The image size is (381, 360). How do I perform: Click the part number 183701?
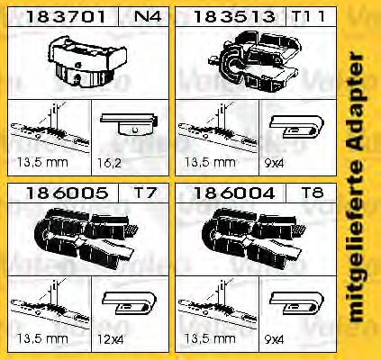point(66,16)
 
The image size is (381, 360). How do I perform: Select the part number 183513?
point(234,16)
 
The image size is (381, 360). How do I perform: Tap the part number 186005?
point(67,193)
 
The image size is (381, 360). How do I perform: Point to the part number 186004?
point(234,193)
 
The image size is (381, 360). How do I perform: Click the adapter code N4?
point(148,16)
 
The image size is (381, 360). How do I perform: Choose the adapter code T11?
point(308,16)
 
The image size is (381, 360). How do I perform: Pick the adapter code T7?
point(145,193)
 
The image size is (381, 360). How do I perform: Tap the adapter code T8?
point(313,193)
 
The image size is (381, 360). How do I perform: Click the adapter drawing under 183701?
point(87,61)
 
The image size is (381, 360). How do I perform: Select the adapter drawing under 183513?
point(255,61)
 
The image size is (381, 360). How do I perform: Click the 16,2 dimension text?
point(109,163)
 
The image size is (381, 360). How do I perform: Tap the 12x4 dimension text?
point(110,340)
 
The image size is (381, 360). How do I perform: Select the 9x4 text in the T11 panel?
point(274,163)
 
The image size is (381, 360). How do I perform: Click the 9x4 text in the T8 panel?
point(274,340)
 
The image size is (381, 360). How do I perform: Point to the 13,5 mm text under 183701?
point(42,163)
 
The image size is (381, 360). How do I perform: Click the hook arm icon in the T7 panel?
point(130,303)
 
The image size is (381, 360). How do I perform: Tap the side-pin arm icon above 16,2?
point(129,123)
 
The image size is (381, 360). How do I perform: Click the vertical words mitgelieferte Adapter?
point(357,187)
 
